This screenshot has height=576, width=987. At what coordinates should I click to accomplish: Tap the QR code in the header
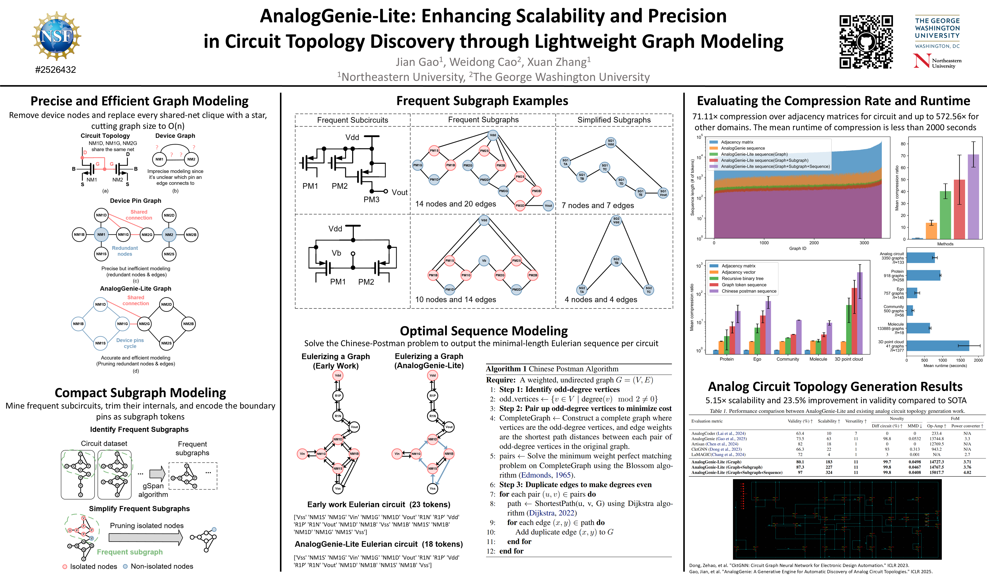tap(866, 42)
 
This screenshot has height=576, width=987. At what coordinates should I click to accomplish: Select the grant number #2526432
tap(56, 70)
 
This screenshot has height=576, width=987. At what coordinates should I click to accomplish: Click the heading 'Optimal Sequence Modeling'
tap(484, 331)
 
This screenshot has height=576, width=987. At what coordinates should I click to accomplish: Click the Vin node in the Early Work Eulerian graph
tap(302, 454)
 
